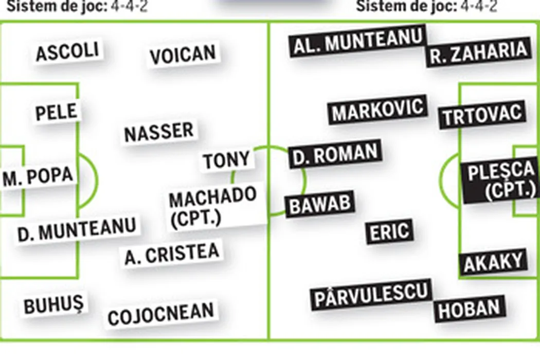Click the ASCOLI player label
[x=67, y=52]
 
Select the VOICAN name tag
[x=183, y=55]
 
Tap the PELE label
[x=57, y=112]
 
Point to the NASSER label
[x=159, y=132]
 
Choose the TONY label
[x=227, y=160]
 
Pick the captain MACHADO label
[x=213, y=206]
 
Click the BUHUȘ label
[x=53, y=305]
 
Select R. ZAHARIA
[x=478, y=52]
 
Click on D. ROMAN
[x=335, y=154]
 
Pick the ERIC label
[x=390, y=232]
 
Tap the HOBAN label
[x=469, y=308]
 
